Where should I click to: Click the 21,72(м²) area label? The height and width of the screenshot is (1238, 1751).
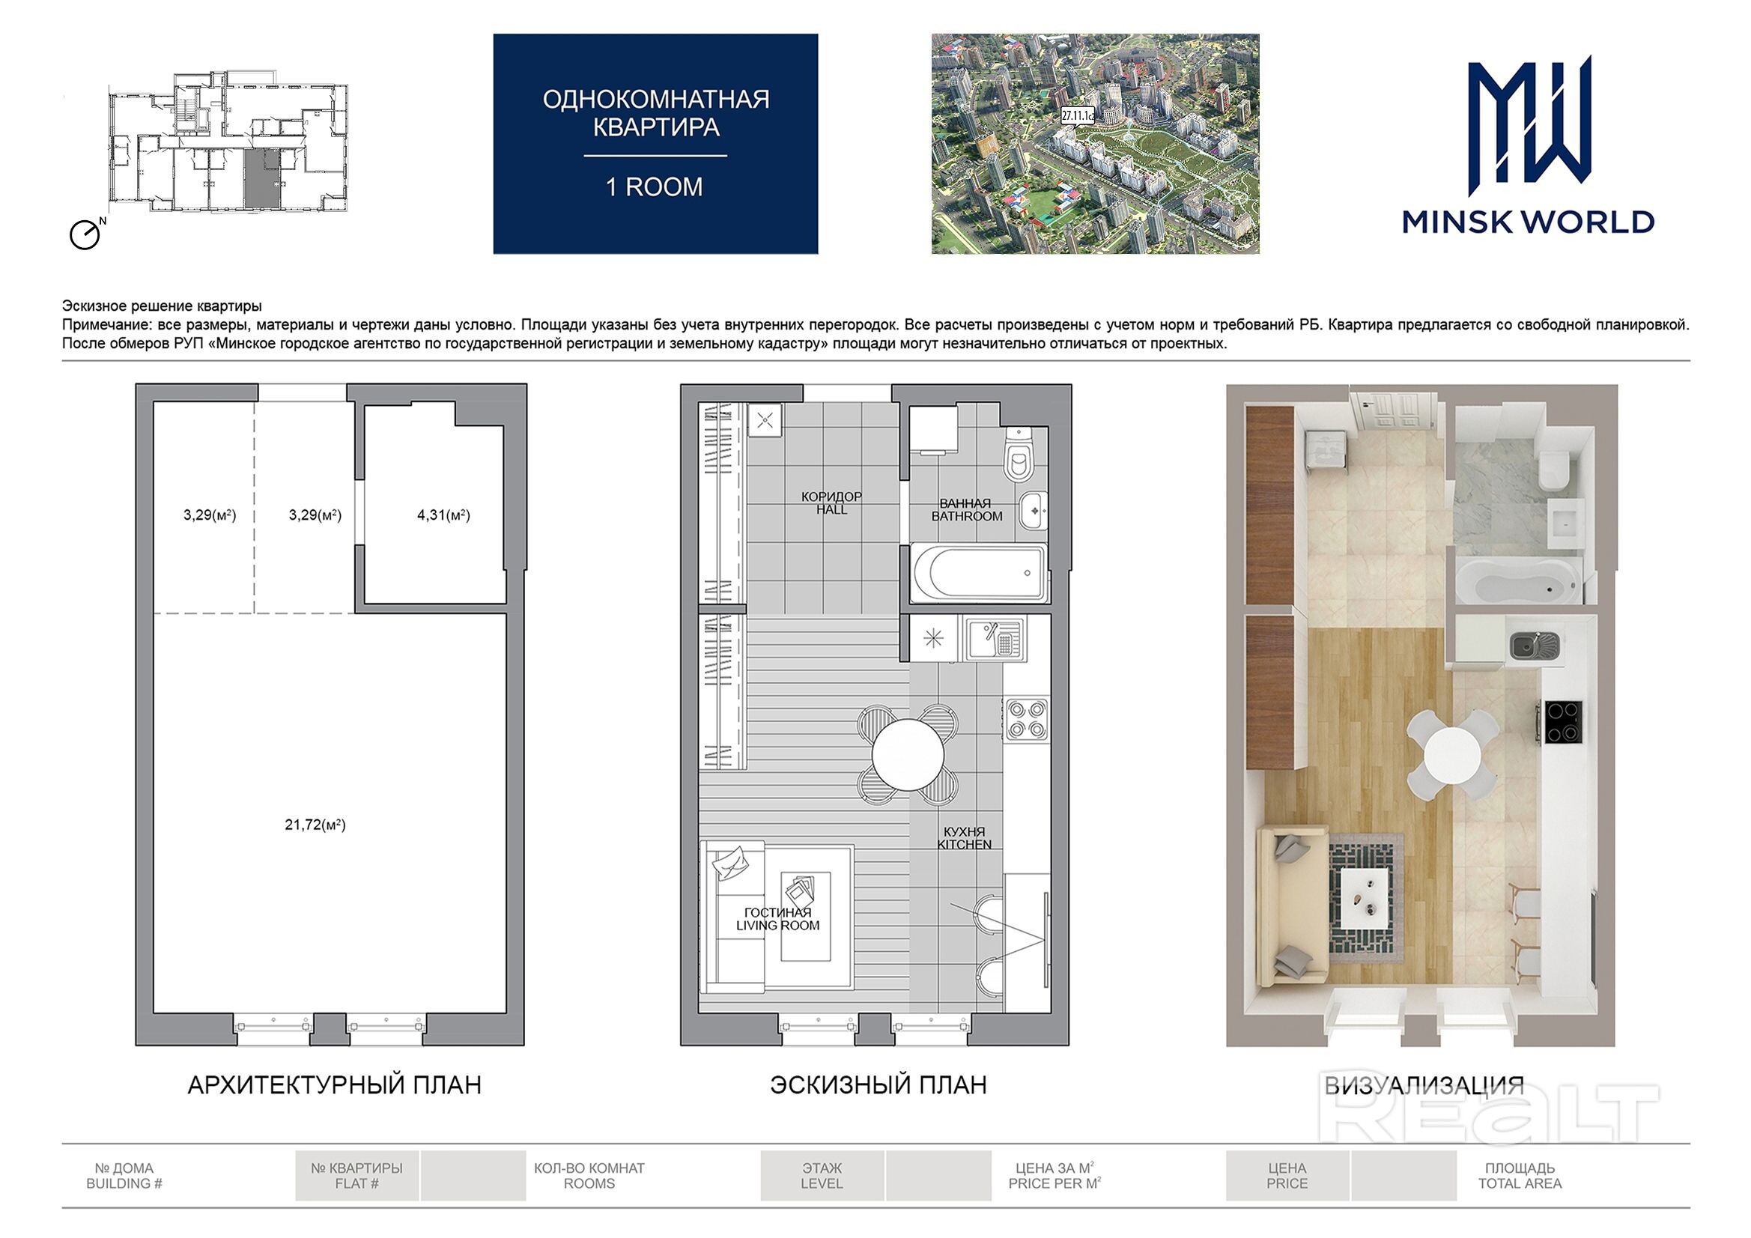(315, 825)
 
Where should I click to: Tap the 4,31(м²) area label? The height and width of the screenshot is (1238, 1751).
(443, 515)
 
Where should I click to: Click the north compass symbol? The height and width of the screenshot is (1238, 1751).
(86, 234)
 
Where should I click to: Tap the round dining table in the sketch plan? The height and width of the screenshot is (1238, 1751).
(908, 753)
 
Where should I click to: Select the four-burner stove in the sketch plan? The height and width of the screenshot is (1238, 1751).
(1027, 719)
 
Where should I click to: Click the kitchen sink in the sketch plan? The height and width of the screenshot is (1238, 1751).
(995, 639)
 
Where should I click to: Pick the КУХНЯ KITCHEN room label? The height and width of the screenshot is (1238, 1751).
(964, 837)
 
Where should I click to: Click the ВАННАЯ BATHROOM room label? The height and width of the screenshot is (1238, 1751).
(966, 509)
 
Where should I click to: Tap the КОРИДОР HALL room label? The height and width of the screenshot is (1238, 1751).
(831, 503)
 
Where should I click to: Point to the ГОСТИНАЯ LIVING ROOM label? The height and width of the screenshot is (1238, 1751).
(778, 918)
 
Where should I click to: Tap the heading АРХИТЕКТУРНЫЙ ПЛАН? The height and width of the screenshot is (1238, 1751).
(335, 1084)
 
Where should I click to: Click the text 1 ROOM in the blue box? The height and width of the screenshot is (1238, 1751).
(655, 187)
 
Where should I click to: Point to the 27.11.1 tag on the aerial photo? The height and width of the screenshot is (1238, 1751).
(1078, 116)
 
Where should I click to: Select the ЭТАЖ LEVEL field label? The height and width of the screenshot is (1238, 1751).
(822, 1175)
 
